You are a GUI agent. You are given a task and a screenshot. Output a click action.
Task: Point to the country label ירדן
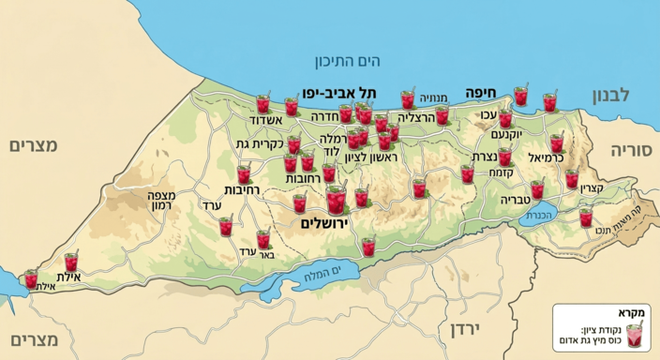tap(464, 329)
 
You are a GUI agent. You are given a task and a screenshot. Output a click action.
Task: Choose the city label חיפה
tap(480, 93)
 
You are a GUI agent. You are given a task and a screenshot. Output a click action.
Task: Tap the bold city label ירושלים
tap(324, 223)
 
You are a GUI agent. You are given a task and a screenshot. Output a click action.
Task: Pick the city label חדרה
tap(322, 117)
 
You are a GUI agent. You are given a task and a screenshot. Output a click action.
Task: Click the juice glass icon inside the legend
tap(634, 335)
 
